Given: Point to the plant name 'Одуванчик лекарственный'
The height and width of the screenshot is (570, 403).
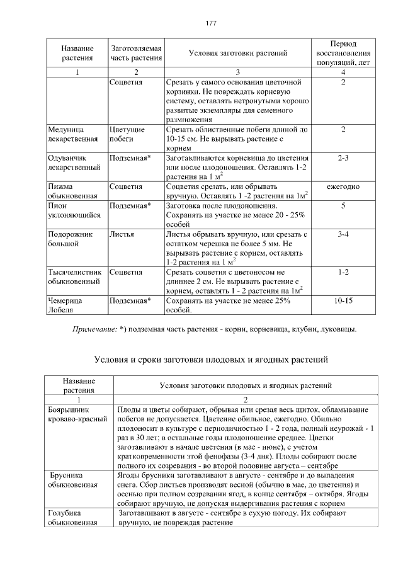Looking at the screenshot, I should (x=74, y=163).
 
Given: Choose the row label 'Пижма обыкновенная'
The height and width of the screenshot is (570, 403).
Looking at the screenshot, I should (x=73, y=191).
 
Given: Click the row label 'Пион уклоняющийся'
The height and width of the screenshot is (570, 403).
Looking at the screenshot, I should (x=74, y=210).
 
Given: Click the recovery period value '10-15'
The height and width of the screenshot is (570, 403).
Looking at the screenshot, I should (x=343, y=301).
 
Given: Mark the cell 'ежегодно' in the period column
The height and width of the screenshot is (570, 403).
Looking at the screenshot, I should (x=343, y=187).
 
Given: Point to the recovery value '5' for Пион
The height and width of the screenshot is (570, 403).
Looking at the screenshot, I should (x=343, y=206).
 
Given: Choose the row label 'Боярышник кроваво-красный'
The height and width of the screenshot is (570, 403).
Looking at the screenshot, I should (x=76, y=415).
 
